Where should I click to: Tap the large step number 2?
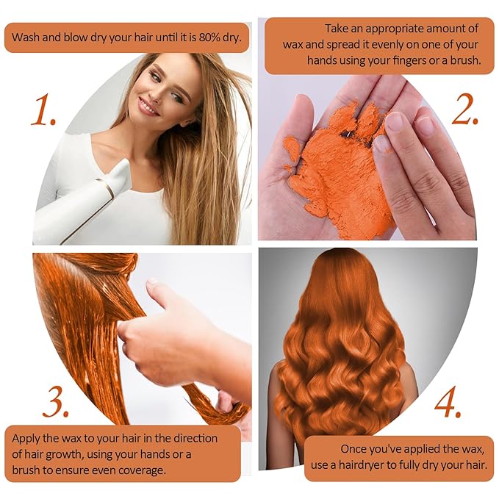[465, 110]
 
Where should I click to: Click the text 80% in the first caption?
[209, 37]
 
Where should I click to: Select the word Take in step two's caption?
[337, 29]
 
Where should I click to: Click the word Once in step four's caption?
[354, 449]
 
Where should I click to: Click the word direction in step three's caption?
[195, 439]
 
